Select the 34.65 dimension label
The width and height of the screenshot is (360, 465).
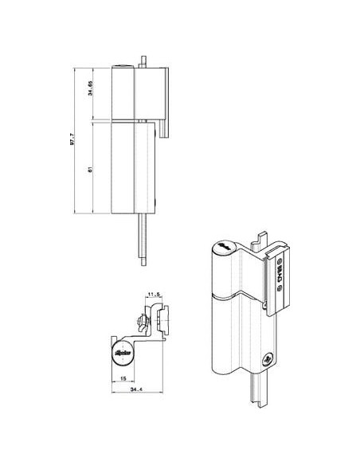(92, 93)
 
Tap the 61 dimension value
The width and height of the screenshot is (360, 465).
(92, 167)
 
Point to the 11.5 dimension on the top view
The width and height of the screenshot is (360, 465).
(155, 295)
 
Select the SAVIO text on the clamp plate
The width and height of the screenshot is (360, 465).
(280, 279)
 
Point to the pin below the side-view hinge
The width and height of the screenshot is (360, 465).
(143, 239)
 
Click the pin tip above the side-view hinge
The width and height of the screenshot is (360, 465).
(143, 61)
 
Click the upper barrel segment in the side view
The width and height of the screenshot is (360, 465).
(124, 93)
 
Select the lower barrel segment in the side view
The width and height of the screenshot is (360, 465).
(124, 167)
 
